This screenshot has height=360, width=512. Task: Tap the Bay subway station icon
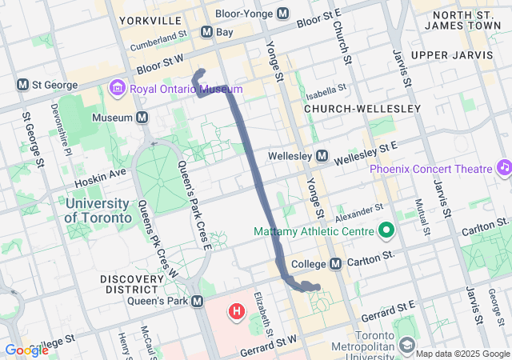pos(206,32)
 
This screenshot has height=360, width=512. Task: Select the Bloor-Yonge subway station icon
pos(282,14)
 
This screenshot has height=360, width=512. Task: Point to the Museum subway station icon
pos(142,118)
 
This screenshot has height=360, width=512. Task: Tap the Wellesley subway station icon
pos(322,155)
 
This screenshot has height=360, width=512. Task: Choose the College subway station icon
pos(336,263)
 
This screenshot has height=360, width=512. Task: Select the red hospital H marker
pos(237,310)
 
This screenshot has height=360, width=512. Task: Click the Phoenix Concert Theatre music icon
pos(504,168)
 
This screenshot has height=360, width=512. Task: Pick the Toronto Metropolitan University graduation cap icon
pos(407,345)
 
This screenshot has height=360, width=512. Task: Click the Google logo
pos(26,350)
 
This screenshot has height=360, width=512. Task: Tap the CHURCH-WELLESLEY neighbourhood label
pos(362,108)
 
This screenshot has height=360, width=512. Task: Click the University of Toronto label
pos(98,210)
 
